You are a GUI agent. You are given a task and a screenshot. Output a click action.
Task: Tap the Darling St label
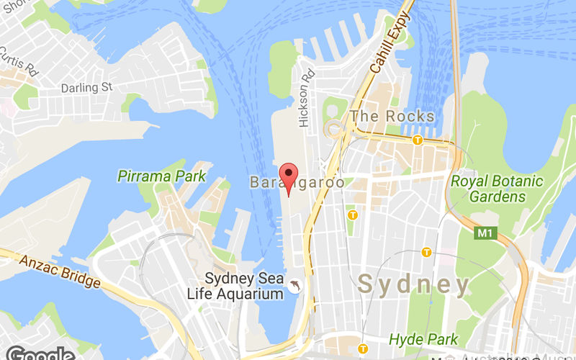pos(88,87)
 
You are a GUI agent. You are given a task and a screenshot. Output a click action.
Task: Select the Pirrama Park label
pos(161,176)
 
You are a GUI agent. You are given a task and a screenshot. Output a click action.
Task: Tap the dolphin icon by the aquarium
pos(295,287)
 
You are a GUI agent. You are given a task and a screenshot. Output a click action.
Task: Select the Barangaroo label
pos(297,183)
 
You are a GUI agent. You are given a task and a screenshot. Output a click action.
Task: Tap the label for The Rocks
pos(392,116)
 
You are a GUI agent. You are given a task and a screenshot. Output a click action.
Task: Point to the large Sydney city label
pos(414,284)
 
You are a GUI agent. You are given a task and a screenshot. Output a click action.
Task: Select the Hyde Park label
pos(423,338)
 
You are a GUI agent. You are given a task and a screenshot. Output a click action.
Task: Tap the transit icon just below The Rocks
pos(417,140)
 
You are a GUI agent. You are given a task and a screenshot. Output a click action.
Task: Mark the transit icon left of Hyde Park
pos(364,348)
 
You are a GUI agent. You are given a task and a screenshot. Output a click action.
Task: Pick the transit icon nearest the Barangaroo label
pos(353,215)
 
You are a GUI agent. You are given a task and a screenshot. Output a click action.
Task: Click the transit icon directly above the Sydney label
pos(426,252)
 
